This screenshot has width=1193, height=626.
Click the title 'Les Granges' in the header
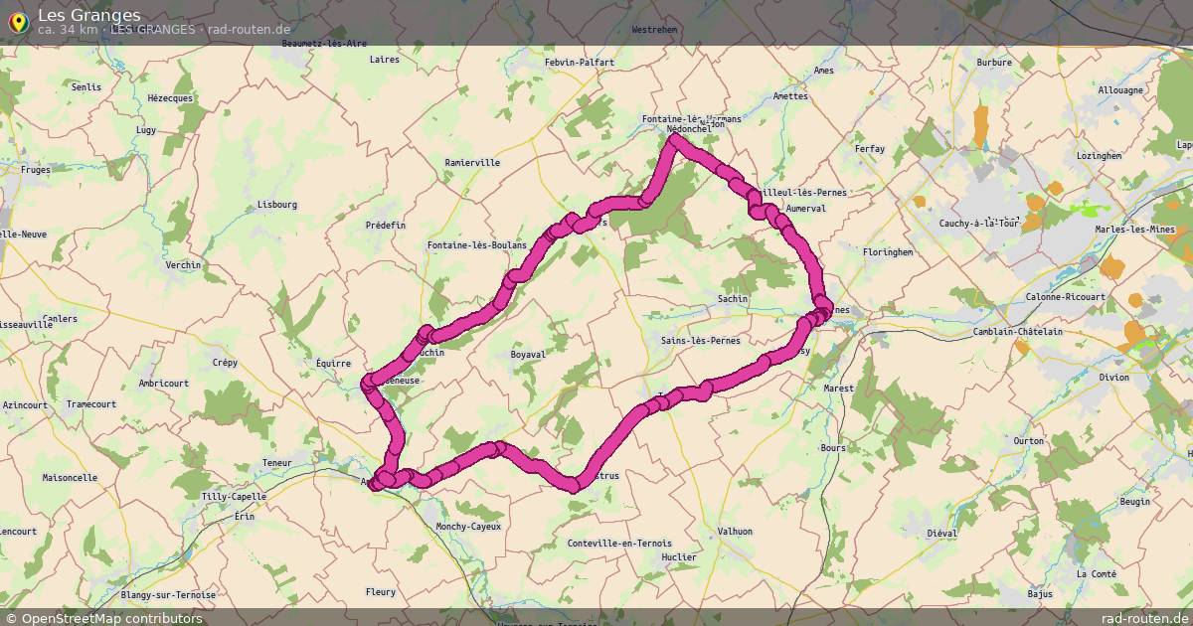(88, 15)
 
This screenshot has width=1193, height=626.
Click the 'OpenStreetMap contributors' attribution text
(111, 618)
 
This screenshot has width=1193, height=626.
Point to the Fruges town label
(35, 170)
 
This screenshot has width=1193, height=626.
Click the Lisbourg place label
(276, 205)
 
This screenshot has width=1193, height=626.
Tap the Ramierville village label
(472, 162)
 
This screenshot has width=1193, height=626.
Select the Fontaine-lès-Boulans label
(477, 245)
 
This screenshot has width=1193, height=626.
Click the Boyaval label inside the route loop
(528, 354)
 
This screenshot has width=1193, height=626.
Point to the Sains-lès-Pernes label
(700, 341)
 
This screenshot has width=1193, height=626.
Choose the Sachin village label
(733, 298)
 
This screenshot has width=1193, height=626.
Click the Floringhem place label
(887, 252)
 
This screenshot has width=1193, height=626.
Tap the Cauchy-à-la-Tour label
(980, 223)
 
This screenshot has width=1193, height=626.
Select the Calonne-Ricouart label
(1065, 297)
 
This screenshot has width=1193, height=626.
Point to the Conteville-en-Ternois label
(619, 543)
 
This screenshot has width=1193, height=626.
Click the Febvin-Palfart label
(580, 63)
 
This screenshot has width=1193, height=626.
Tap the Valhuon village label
(735, 532)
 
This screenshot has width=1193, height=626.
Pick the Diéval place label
(941, 534)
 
